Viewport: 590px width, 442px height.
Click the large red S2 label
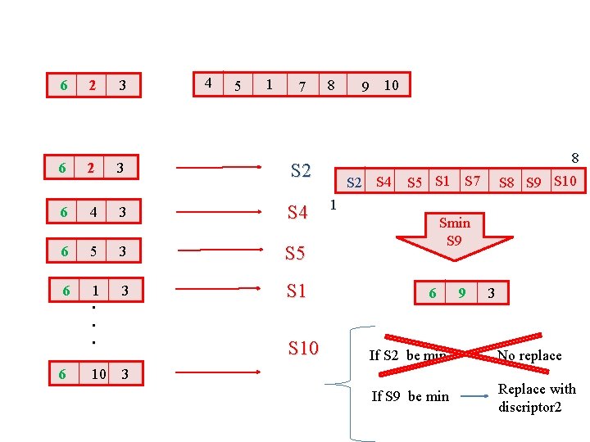301,171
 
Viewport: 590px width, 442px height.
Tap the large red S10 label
303,349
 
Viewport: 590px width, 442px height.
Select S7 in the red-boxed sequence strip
472,180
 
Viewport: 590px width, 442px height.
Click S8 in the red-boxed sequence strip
507,183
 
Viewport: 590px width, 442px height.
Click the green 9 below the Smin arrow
462,293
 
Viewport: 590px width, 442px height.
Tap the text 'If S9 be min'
410,396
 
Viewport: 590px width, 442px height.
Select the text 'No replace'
529,355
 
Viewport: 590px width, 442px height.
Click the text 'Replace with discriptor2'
537,397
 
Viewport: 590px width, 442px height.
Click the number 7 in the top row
302,86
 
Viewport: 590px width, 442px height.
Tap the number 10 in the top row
391,85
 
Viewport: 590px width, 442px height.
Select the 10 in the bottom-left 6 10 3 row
98,374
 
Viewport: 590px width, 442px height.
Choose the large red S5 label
295,254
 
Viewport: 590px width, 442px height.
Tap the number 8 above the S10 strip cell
575,158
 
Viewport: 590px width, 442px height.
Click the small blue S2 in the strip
354,183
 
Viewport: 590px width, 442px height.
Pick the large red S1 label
296,291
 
